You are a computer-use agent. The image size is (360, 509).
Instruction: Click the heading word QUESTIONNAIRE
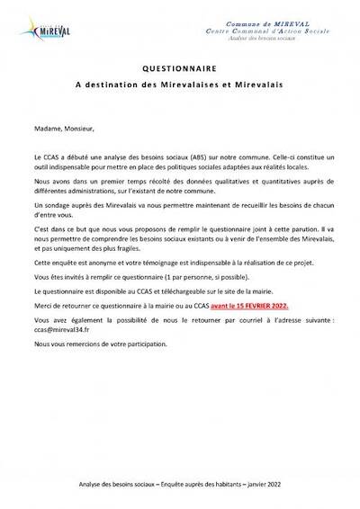[179, 68]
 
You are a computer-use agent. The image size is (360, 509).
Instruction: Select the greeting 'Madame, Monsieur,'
[57, 129]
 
